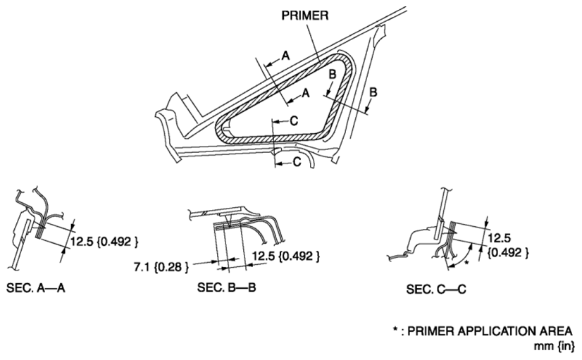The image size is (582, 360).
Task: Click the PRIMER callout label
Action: [304, 15]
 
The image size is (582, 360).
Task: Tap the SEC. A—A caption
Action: [36, 287]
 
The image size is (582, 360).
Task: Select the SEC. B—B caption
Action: [226, 287]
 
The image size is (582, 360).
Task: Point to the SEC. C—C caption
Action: [435, 289]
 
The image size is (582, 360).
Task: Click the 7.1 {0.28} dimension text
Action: [161, 267]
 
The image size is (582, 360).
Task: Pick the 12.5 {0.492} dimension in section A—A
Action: [104, 242]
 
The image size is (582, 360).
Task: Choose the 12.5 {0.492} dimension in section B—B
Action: [286, 256]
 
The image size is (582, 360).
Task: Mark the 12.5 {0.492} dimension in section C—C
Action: [508, 245]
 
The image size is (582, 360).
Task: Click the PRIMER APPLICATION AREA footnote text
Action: [490, 330]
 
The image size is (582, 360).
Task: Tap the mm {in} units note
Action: [554, 347]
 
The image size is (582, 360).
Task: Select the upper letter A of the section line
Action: [285, 56]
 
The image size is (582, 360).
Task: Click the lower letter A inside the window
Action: [306, 93]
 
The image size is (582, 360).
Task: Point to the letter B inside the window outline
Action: [333, 74]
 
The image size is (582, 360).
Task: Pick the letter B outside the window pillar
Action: [373, 92]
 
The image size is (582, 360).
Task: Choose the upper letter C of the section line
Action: [294, 120]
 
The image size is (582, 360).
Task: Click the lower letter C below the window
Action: [297, 162]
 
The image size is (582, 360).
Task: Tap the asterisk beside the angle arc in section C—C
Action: [467, 263]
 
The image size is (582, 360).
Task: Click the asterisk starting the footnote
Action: [396, 329]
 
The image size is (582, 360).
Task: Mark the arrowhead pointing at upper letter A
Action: [268, 64]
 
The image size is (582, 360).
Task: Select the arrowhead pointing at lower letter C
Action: [278, 164]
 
